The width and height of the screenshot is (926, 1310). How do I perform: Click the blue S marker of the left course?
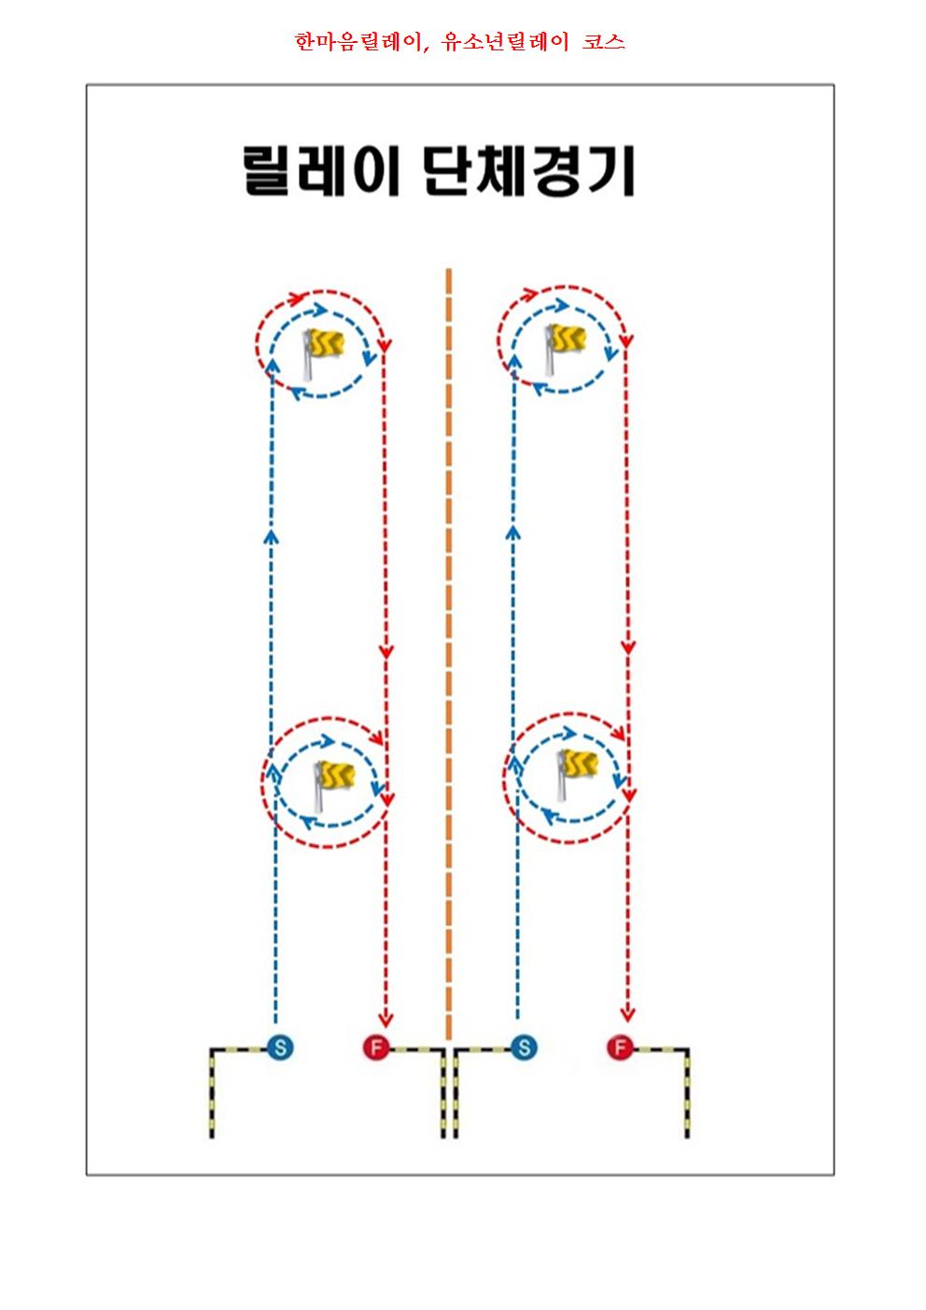pos(281,1047)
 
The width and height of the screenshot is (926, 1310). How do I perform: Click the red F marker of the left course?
pos(376,1047)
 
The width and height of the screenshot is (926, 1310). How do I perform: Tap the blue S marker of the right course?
pos(525,1047)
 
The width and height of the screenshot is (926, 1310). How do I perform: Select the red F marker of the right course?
pos(620,1047)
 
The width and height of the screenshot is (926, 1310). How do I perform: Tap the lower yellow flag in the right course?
pos(578,774)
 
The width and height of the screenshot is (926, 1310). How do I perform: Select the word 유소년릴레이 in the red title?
pos(505,41)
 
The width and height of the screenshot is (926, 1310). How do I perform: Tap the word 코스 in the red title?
pos(603,41)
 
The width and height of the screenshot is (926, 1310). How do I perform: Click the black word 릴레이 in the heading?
pos(321,171)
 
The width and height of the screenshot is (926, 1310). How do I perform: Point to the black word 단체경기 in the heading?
pos(529,171)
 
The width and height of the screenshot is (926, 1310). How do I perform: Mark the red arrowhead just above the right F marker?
pos(627,1015)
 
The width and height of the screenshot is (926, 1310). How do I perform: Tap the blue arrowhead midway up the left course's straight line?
pos(271,536)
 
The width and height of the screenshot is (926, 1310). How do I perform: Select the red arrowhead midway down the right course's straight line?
pos(628,647)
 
